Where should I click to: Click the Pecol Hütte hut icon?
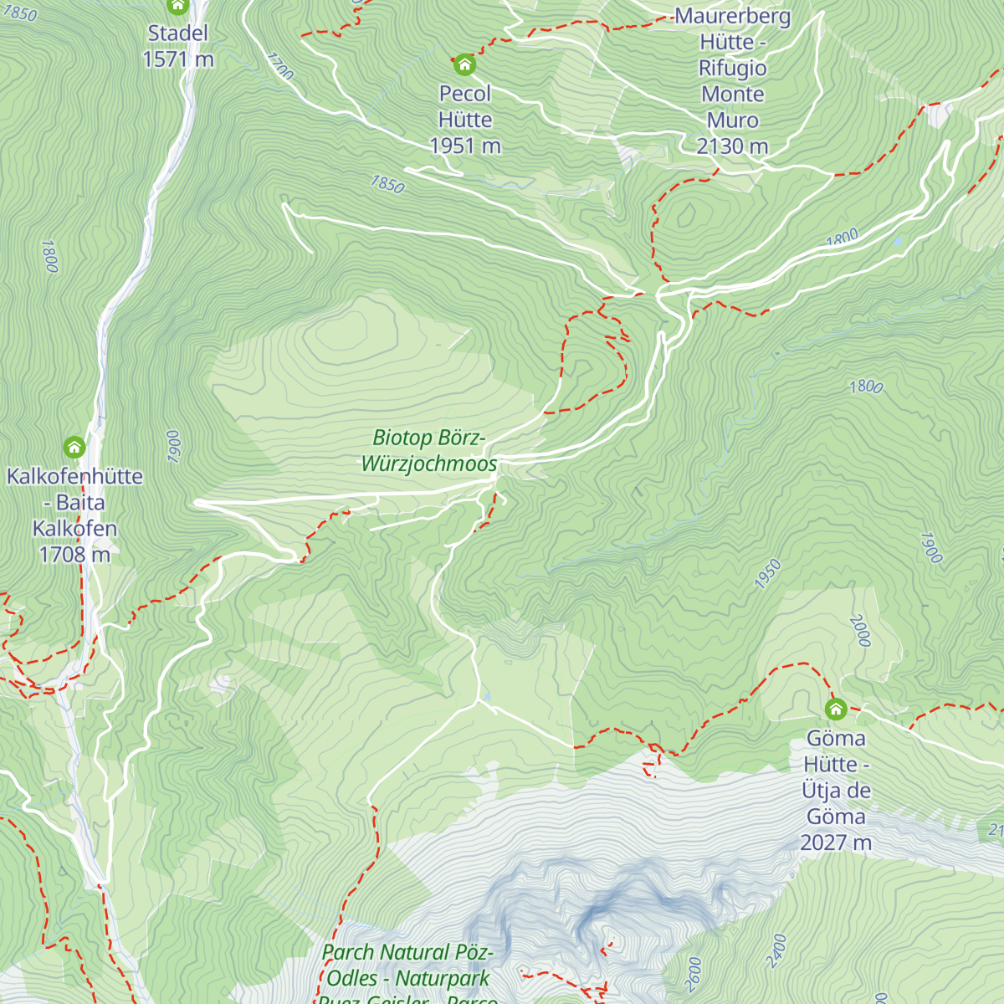point(464,64)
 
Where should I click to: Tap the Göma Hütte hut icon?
point(835,709)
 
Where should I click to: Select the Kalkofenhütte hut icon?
point(74,448)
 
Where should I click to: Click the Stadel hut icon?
point(177,7)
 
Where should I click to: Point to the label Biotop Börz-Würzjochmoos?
point(428,450)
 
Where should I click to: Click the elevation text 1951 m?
point(465,146)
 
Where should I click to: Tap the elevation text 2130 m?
point(732,146)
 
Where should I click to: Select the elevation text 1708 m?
point(74,554)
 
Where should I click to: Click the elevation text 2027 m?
point(836,842)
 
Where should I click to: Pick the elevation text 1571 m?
point(177,59)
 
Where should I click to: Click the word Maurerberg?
point(732,16)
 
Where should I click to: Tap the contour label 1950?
point(767,574)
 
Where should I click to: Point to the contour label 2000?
point(861,631)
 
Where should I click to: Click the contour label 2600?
point(693,974)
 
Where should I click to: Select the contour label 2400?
point(777,950)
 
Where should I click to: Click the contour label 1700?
point(281,66)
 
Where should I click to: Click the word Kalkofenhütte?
point(74,476)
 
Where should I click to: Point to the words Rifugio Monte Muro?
point(732,94)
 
